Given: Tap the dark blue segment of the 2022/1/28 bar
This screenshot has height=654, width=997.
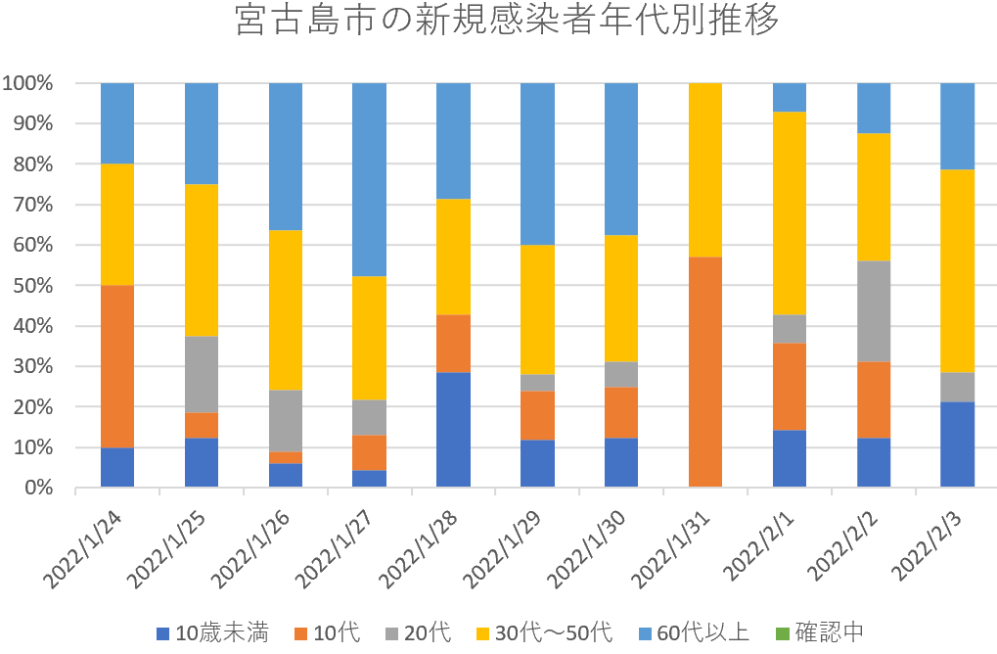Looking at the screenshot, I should pyautogui.click(x=453, y=430).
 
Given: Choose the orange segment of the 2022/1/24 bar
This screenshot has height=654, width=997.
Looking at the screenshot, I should pyautogui.click(x=117, y=366).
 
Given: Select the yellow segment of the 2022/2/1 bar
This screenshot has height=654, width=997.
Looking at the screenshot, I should pyautogui.click(x=790, y=213).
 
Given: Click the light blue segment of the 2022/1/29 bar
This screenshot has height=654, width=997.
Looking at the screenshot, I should pyautogui.click(x=537, y=163).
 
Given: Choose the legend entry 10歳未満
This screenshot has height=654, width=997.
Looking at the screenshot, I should pyautogui.click(x=213, y=632).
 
